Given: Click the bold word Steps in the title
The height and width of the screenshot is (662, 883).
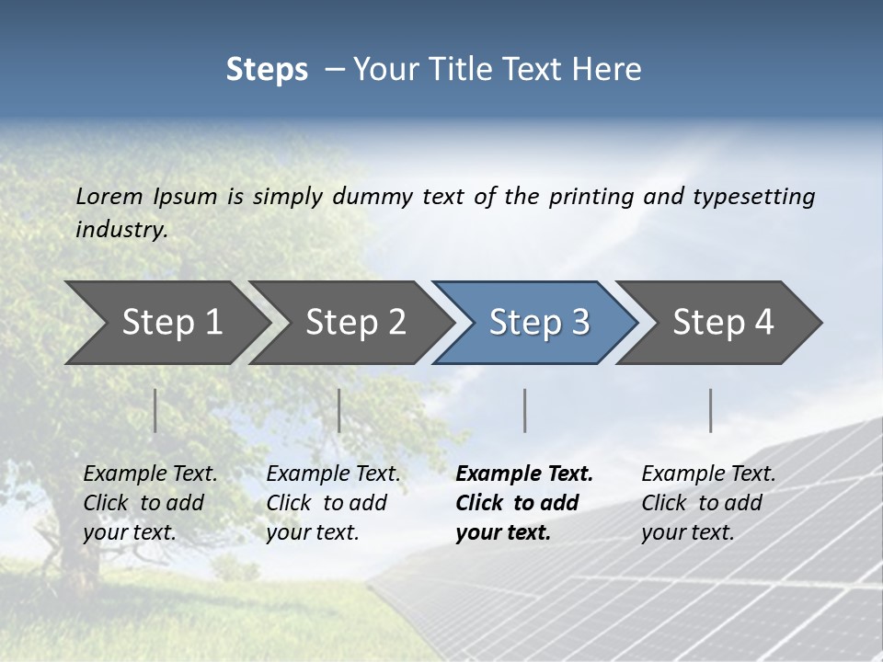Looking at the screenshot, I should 267,70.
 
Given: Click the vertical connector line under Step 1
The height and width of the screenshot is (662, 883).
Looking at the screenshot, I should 155,410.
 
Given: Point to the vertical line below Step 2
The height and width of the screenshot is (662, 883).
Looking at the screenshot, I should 339,410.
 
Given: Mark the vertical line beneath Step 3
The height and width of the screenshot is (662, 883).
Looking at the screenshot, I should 524,410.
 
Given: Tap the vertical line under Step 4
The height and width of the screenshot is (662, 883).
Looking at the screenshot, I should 711,410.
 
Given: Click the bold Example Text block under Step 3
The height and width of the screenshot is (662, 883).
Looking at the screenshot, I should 524,503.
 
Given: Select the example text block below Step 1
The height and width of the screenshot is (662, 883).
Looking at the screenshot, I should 150,503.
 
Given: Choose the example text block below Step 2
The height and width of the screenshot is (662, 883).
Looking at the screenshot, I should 333,503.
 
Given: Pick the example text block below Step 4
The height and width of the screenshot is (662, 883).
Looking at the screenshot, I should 708,503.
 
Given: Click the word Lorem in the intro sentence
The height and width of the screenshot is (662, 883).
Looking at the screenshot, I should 109,196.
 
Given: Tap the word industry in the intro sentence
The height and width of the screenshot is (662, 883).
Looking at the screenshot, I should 121,230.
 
